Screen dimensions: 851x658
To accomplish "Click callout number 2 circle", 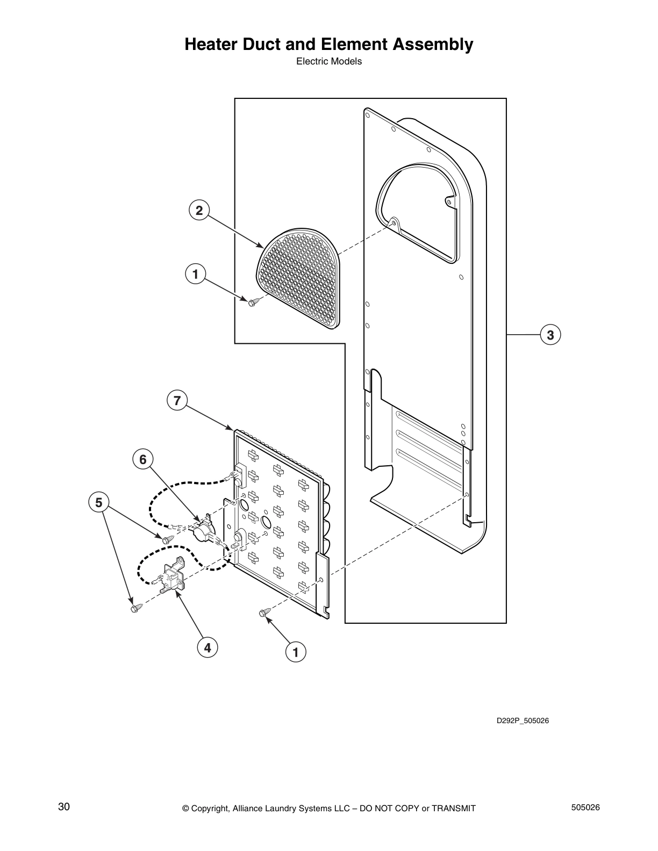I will tap(199, 211).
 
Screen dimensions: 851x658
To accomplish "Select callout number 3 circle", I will tap(550, 335).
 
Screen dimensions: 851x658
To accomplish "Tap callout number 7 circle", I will tap(177, 400).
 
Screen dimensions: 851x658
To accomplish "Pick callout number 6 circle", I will tap(143, 459).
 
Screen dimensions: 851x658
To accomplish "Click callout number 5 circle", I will tap(99, 503).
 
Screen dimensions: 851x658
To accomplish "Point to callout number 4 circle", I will tap(207, 647).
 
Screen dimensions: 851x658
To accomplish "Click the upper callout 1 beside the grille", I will tap(196, 275).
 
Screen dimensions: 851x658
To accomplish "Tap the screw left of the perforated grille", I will tap(252, 302).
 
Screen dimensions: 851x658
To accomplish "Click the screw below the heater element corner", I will tap(263, 612).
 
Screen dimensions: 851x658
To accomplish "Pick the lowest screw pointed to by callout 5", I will tap(134, 608).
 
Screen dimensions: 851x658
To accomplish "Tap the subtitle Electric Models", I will tap(329, 61).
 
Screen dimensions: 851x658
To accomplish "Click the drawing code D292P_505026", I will tap(522, 720).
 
